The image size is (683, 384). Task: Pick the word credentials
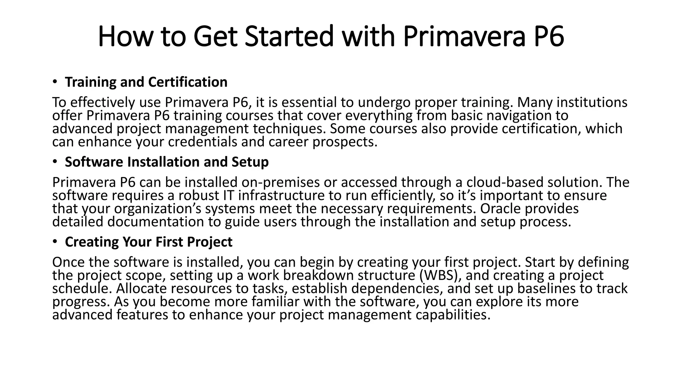click(202, 142)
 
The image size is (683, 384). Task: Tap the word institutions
click(592, 102)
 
